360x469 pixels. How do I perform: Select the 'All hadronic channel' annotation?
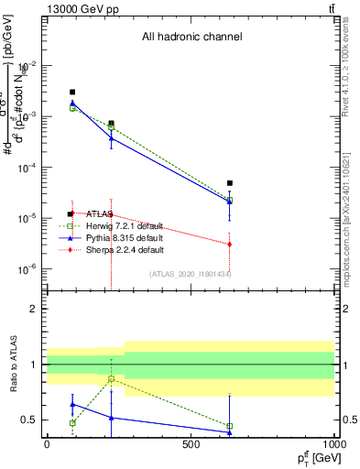tap(191, 38)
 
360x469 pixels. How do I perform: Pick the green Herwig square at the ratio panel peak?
tap(111, 379)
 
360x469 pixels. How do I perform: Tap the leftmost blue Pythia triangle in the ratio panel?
tap(72, 404)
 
